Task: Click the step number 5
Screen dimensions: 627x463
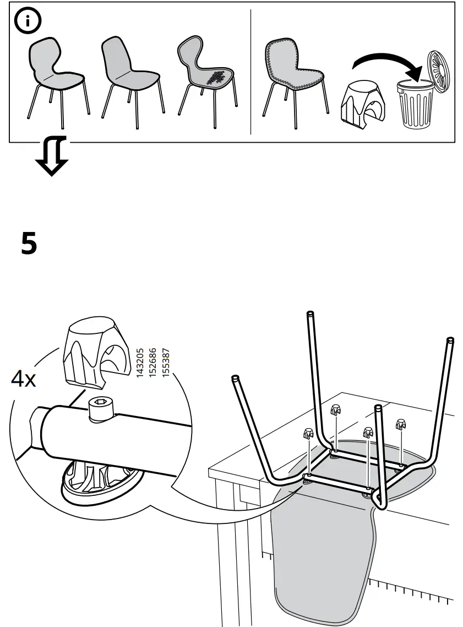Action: tap(29, 243)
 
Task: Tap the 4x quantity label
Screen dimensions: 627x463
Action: tap(23, 380)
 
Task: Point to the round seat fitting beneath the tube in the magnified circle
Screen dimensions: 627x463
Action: tap(96, 479)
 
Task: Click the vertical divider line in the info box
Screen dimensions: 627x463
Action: tap(251, 72)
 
